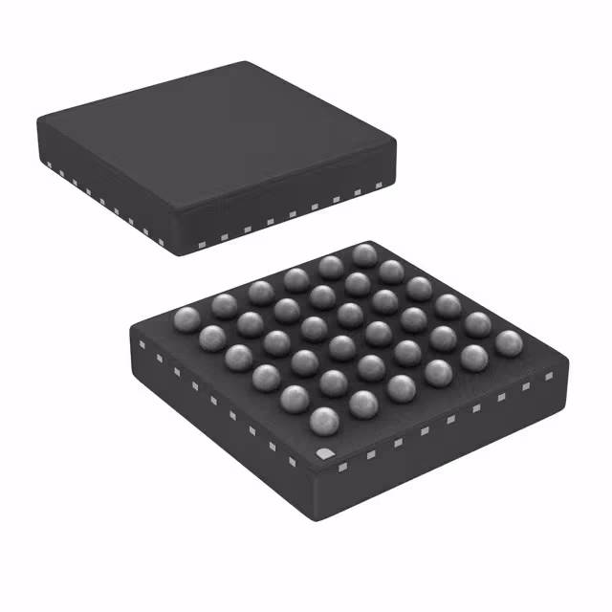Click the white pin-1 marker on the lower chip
coord(322,452)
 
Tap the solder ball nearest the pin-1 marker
coord(325,421)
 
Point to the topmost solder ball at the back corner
coord(363,254)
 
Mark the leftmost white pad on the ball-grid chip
coord(141,343)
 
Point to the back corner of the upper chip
coord(251,65)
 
